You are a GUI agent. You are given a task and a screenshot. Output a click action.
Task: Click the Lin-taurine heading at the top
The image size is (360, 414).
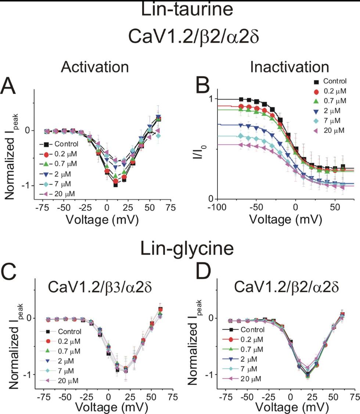pyautogui.click(x=187, y=10)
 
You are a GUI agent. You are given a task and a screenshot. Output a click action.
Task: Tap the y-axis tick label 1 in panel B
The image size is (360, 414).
pyautogui.click(x=210, y=99)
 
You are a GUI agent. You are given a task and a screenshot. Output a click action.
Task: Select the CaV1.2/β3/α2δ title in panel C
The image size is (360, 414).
pyautogui.click(x=101, y=291)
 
